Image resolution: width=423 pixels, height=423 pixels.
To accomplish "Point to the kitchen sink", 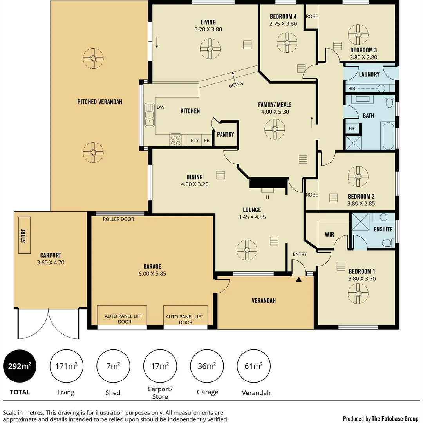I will pos(149,115).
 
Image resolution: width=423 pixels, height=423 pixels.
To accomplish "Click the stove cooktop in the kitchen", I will pos(175,140).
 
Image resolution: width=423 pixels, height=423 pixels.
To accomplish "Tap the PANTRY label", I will pos(225,134).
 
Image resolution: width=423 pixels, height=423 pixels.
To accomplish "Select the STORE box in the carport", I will pos(23,236).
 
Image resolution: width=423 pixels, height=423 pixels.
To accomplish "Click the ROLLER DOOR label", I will pos(118,219).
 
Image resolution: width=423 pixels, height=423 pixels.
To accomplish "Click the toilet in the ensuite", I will pos(383,217).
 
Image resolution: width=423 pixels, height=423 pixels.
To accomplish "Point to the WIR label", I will pos(329,234).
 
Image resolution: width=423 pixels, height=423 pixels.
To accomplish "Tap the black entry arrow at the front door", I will pos(299,279).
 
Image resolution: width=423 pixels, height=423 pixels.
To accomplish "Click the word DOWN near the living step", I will pos(236,84).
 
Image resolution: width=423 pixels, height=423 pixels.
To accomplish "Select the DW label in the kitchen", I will pos(161,107).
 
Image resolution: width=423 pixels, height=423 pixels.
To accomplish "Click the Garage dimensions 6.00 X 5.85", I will pos(152,274).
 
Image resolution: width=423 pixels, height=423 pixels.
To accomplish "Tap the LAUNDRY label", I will pos(369,74).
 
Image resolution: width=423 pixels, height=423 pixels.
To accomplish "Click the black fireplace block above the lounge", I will pos(268,183).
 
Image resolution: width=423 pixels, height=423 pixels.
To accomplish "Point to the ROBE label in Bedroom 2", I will pos(312,195).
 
